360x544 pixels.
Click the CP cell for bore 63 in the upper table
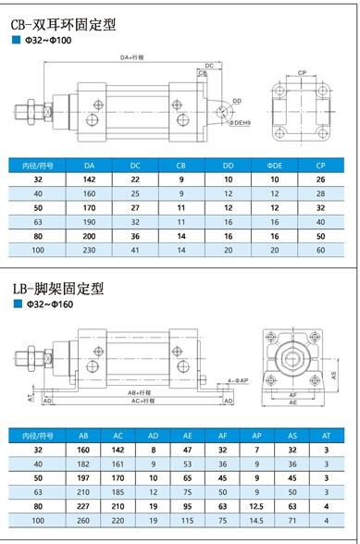[x=320, y=221]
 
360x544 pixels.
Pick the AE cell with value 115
[x=186, y=520]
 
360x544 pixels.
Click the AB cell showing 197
[x=84, y=478]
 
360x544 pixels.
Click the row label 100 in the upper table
[x=38, y=250]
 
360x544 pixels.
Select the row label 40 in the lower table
[x=38, y=464]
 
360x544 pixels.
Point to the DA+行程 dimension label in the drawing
[x=130, y=57]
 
